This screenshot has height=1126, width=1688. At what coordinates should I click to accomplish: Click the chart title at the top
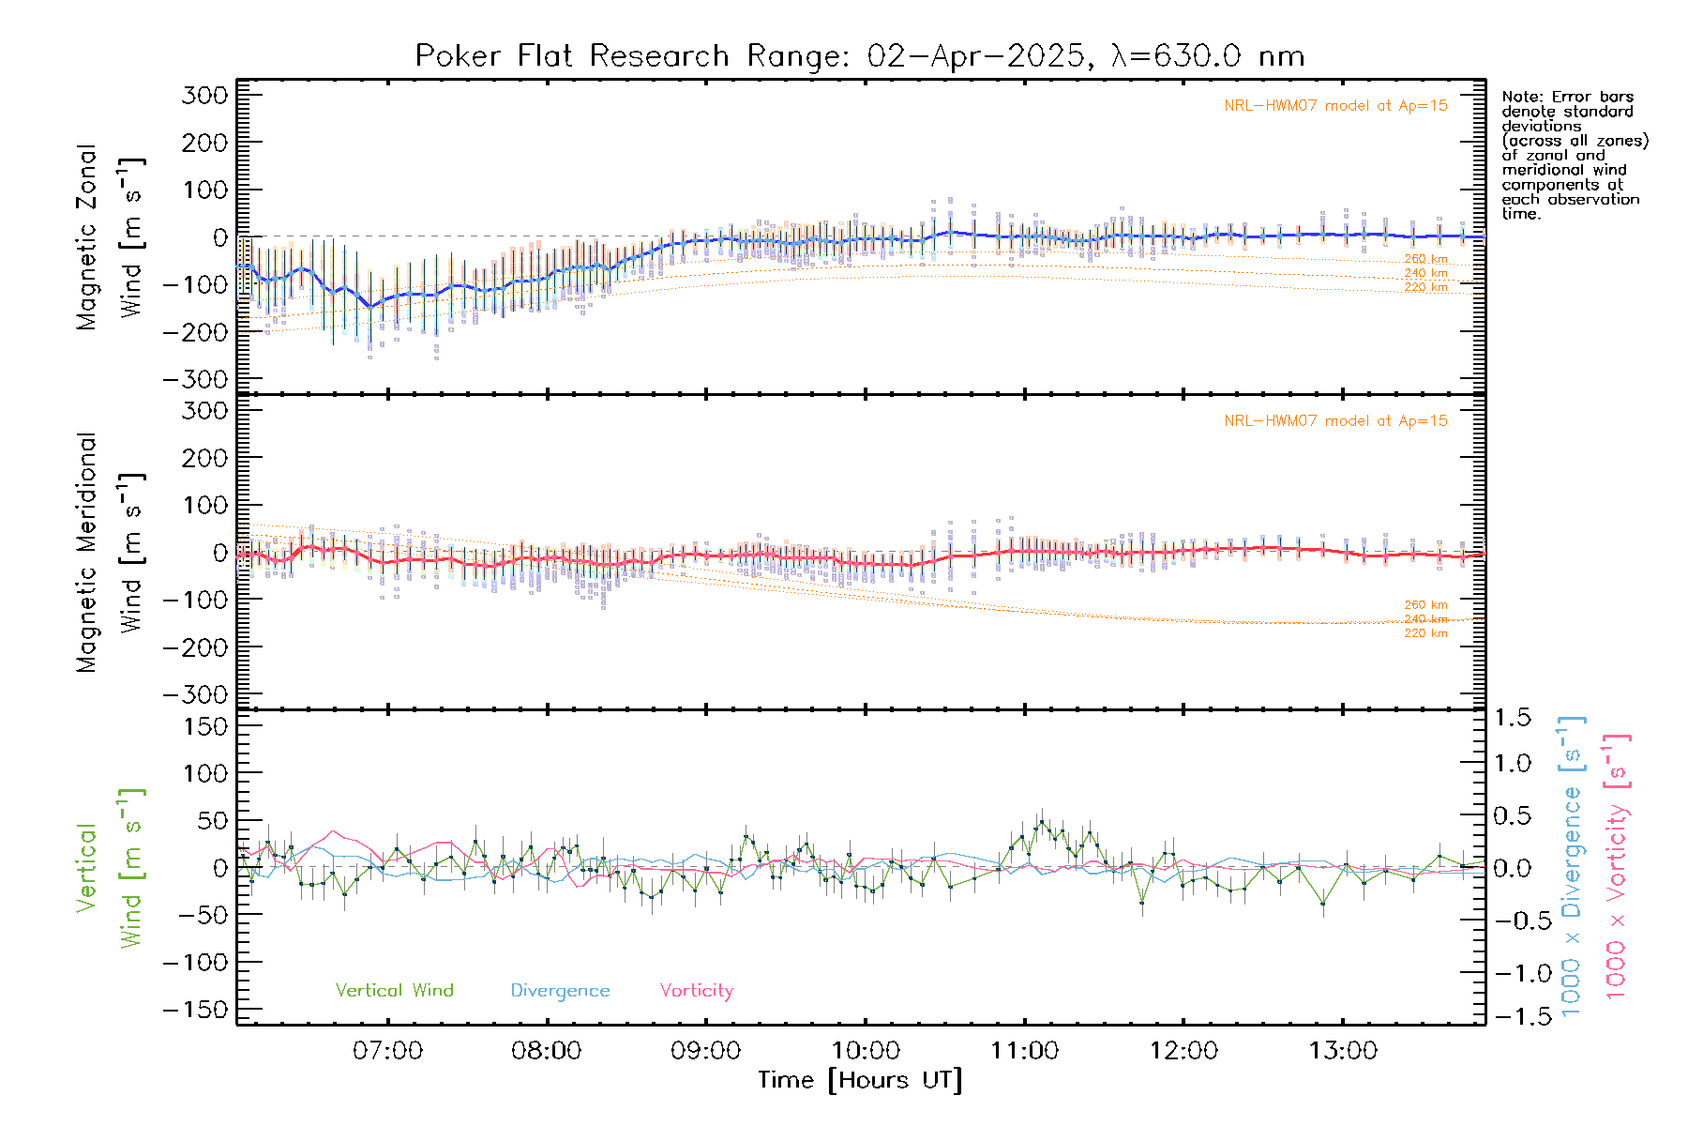(860, 56)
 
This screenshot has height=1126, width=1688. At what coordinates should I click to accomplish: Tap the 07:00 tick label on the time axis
(387, 1051)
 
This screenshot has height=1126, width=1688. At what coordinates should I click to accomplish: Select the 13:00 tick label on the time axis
(1343, 1051)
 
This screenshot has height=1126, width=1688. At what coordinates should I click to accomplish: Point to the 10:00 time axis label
(865, 1051)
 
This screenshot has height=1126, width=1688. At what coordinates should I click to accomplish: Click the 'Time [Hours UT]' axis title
(860, 1080)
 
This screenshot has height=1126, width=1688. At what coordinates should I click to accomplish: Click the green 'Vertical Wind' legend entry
(394, 990)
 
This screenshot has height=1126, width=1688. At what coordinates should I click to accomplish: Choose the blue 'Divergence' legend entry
(560, 991)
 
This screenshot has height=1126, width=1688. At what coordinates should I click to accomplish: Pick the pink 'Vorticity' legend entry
(696, 990)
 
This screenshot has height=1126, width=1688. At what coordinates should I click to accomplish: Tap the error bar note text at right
(1574, 155)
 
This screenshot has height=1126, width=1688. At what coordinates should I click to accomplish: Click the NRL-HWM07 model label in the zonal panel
(1335, 106)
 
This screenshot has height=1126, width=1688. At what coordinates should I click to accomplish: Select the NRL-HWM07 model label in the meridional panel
(1335, 421)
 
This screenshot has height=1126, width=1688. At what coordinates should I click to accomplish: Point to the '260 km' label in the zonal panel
(1425, 259)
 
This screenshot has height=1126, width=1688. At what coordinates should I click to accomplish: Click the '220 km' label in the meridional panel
(1425, 633)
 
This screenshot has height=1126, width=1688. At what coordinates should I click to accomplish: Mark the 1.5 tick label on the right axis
(1513, 718)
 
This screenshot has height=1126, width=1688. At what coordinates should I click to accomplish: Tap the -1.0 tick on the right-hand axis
(1511, 973)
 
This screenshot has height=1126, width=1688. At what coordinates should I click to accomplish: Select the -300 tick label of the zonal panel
(195, 379)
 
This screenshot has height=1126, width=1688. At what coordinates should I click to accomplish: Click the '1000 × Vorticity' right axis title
(1618, 868)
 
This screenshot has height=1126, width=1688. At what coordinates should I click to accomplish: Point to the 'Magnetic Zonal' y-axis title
(87, 237)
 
